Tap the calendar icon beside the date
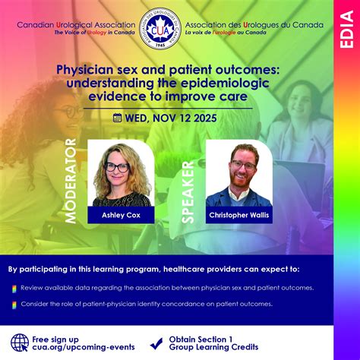pyautogui.click(x=118, y=117)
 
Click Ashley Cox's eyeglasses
pyautogui.click(x=117, y=166)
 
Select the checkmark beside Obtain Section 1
pyautogui.click(x=156, y=343)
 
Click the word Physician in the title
pyautogui.click(x=86, y=69)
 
